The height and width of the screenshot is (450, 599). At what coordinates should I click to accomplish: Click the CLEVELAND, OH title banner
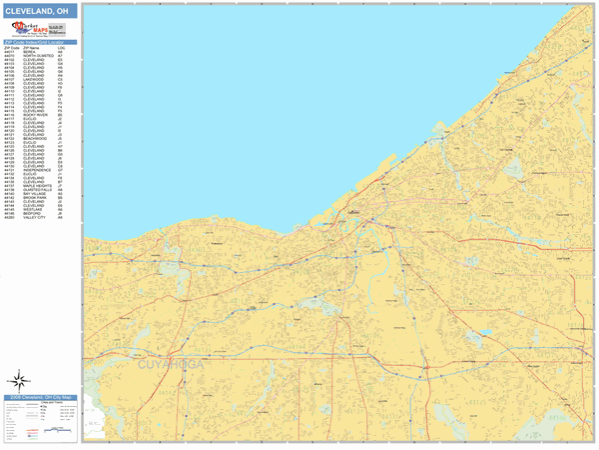[39, 10]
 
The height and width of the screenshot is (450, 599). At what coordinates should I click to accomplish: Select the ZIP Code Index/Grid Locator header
[39, 42]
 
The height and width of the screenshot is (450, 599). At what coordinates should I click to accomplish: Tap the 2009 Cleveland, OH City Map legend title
[39, 397]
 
